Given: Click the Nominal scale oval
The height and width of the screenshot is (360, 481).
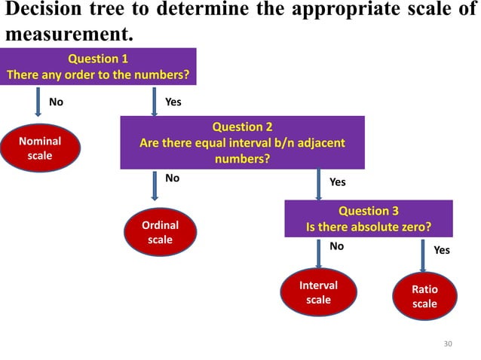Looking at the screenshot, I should click(x=40, y=148).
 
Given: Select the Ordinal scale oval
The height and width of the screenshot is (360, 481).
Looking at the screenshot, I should click(x=160, y=233).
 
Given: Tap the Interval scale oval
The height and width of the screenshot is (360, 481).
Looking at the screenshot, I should click(x=318, y=293).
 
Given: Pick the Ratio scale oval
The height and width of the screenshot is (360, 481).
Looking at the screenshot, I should click(x=424, y=297).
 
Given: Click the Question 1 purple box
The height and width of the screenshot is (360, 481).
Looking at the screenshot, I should click(x=98, y=67).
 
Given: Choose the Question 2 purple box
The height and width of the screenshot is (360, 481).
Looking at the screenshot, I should click(x=243, y=142).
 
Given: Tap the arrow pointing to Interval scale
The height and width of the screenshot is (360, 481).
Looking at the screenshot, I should click(x=317, y=254).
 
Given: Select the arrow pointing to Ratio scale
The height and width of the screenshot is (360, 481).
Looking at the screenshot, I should click(x=422, y=256).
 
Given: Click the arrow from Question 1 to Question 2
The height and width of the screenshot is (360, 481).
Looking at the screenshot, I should click(x=155, y=100).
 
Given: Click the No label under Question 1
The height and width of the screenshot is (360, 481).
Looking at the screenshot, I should click(x=56, y=102).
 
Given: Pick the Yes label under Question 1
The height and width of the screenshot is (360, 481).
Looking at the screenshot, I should click(x=173, y=102).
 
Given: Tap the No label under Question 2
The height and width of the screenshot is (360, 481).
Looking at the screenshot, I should click(x=173, y=178).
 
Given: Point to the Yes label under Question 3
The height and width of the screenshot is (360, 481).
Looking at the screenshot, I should click(x=442, y=250).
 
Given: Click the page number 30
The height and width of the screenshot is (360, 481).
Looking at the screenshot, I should click(x=448, y=343).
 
